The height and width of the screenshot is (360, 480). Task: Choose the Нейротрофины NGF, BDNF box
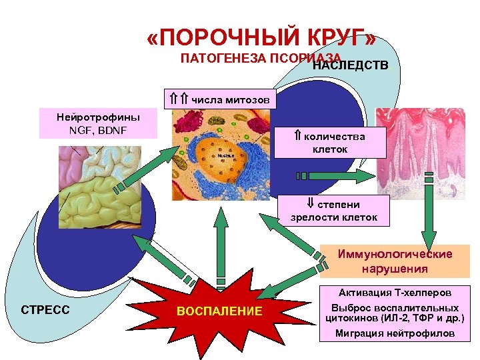97,123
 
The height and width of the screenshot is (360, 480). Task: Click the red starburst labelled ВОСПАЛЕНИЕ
219,311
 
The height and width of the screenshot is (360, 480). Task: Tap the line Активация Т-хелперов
395,293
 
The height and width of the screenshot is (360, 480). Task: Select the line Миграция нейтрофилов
395,333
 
